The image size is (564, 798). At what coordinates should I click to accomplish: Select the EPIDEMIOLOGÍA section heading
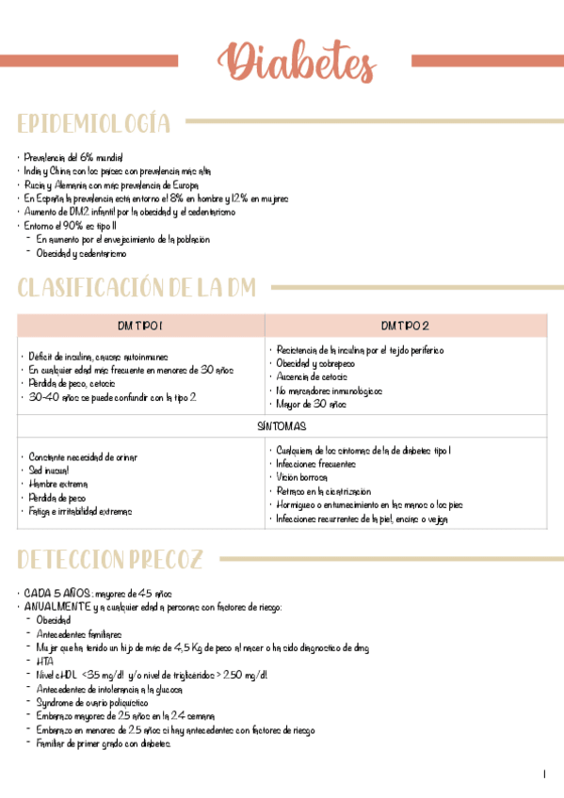pyautogui.click(x=94, y=123)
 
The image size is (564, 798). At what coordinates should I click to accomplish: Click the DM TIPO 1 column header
pyautogui.click(x=141, y=326)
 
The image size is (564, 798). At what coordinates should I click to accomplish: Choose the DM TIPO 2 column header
pyautogui.click(x=405, y=326)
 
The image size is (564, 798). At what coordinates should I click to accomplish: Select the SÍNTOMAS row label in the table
pyautogui.click(x=282, y=426)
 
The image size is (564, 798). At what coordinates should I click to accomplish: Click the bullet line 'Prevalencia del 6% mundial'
pyautogui.click(x=73, y=158)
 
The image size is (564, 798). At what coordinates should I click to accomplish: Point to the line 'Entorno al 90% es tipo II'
pyautogui.click(x=71, y=226)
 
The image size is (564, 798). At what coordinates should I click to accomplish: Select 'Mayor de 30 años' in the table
pyautogui.click(x=312, y=404)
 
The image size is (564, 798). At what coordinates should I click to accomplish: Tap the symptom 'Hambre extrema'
pyautogui.click(x=58, y=484)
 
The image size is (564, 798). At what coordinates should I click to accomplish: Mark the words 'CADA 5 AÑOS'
pyautogui.click(x=57, y=594)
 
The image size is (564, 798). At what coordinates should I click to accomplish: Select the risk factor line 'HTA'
pyautogui.click(x=44, y=662)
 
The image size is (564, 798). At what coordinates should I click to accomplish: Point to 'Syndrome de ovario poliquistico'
pyautogui.click(x=92, y=702)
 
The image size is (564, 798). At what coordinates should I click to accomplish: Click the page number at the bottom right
pyautogui.click(x=544, y=774)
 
